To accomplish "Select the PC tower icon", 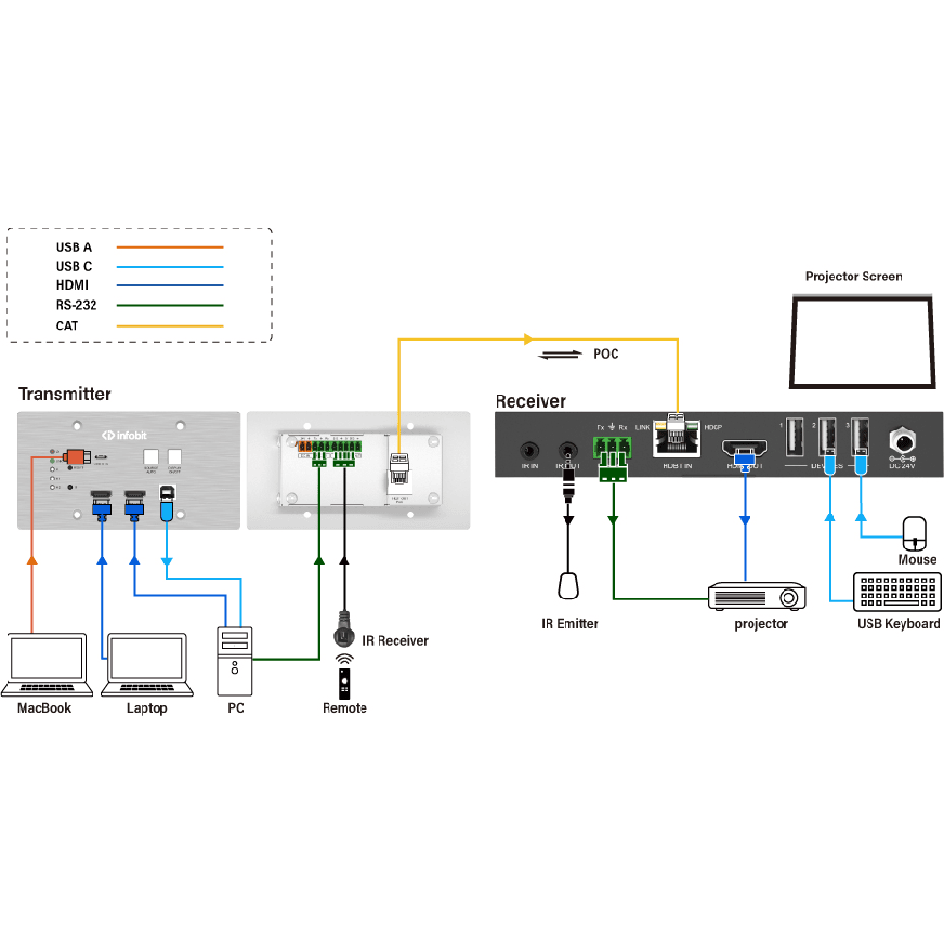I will click(236, 660).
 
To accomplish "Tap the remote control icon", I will click(345, 681).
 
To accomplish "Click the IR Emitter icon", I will click(567, 585).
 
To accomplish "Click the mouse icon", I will click(916, 533).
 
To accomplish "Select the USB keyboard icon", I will click(897, 592).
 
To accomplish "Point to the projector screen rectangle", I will click(861, 341).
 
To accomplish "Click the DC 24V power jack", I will click(902, 442).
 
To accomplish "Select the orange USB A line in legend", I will click(170, 247).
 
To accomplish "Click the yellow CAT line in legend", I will click(170, 326).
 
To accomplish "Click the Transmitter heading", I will click(64, 394).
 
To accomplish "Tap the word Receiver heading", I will click(531, 401).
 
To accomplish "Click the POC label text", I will click(606, 355).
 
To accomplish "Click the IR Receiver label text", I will click(395, 641).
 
